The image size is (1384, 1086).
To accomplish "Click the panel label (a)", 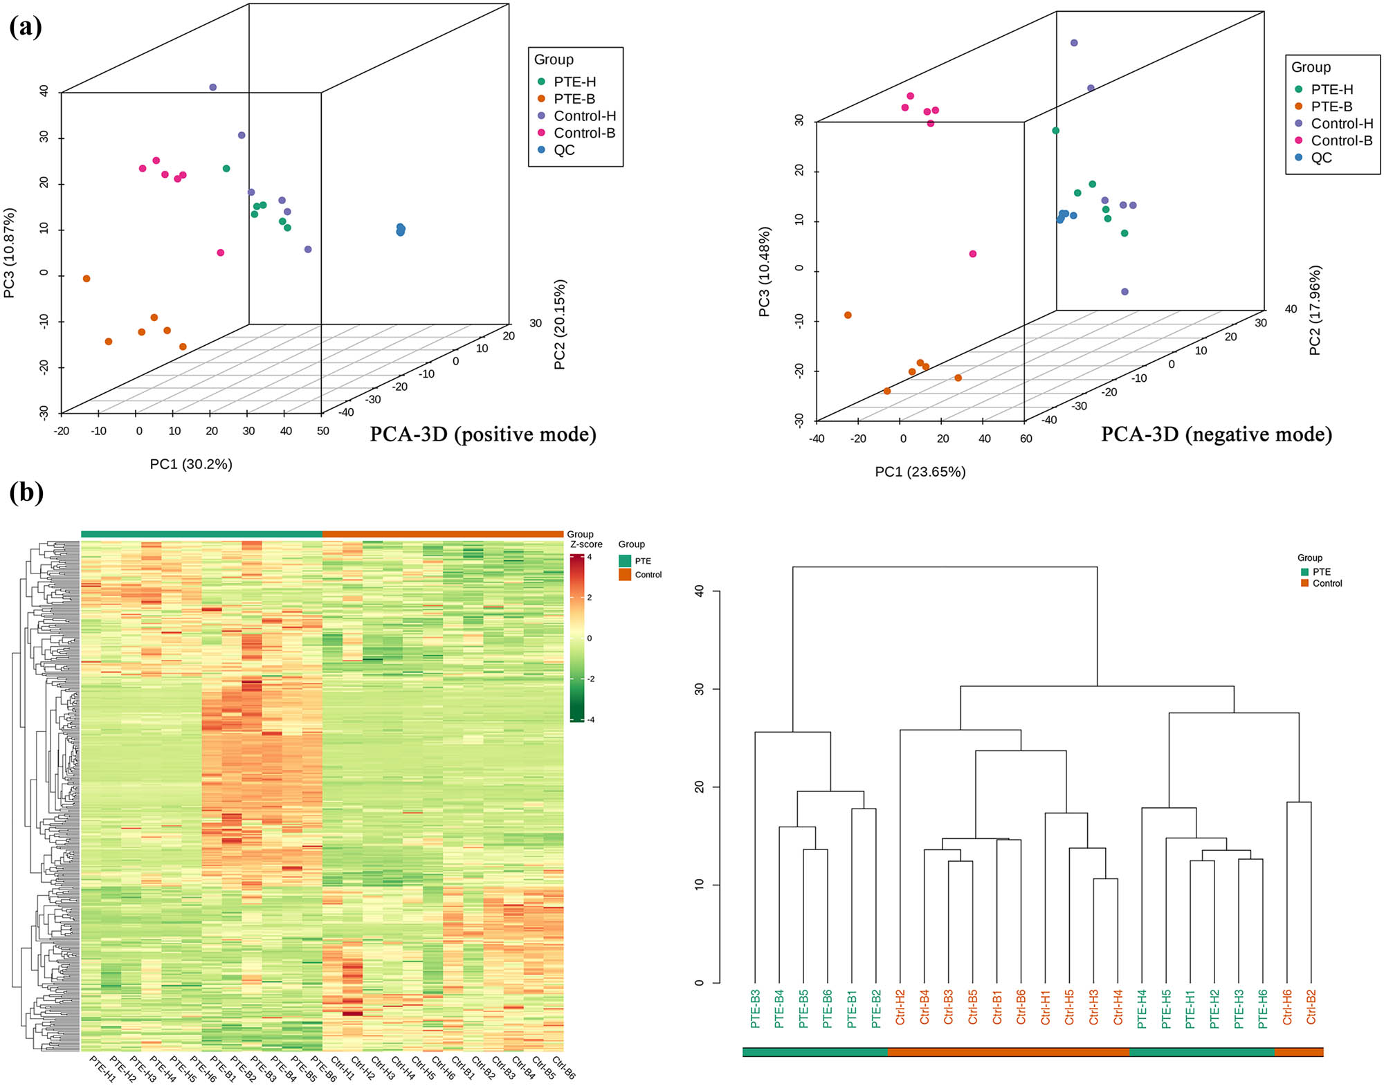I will click(26, 27).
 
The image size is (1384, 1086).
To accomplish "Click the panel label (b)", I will click(26, 493).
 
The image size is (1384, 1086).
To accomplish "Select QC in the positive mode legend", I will click(564, 150).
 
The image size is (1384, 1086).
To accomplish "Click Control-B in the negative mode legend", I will click(1341, 140).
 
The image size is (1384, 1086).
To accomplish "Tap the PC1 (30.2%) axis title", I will click(191, 464).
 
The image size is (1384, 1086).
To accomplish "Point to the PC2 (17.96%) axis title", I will click(1315, 311).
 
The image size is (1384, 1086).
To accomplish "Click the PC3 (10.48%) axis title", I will click(764, 272).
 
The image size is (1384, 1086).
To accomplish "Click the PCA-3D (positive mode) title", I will click(483, 434).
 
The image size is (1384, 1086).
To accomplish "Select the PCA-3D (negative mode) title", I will click(1216, 434).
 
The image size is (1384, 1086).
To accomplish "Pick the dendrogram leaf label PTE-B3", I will click(756, 1008).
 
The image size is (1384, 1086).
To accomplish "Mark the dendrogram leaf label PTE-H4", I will click(1142, 1008).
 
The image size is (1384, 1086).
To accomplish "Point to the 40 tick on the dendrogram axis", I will click(699, 591).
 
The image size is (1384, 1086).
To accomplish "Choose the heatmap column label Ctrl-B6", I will click(563, 1068).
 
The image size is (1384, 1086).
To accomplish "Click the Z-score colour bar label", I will click(586, 544).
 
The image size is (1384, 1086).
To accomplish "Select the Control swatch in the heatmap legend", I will click(625, 575).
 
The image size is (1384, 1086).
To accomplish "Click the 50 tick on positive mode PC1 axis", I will click(322, 431).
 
